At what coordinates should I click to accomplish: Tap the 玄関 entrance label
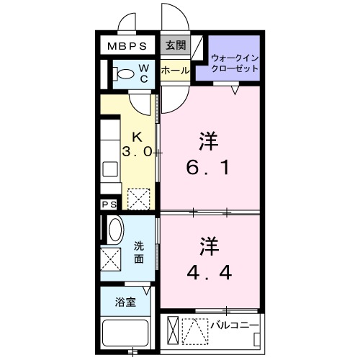point(176,45)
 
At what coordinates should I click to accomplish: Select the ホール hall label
point(176,71)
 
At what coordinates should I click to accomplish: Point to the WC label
point(144,73)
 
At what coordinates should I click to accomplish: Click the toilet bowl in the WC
point(125,73)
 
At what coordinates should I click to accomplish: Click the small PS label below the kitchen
point(109,205)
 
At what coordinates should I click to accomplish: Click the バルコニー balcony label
point(235,325)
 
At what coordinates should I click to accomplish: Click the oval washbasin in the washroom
point(114,231)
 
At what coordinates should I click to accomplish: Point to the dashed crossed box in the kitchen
point(138,196)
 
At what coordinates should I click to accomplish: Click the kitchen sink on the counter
point(110,169)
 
